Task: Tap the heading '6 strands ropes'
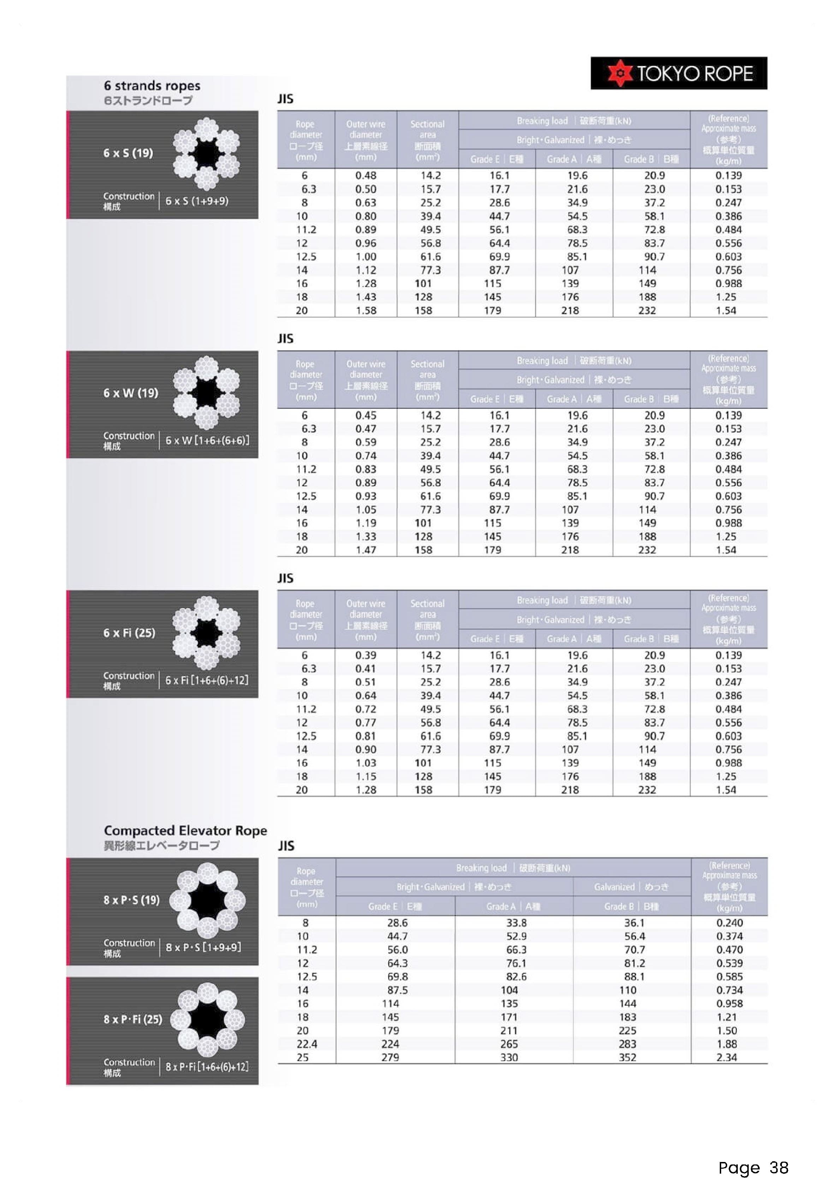[x=152, y=86]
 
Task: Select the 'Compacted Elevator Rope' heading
[x=185, y=831]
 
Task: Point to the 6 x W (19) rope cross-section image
[x=206, y=393]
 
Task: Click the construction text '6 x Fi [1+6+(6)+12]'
[x=207, y=680]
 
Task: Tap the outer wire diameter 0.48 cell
[x=366, y=176]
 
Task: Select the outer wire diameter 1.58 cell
[x=366, y=310]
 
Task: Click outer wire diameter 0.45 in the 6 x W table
[x=366, y=416]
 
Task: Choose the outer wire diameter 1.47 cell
[x=366, y=550]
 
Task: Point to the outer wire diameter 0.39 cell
[x=366, y=656]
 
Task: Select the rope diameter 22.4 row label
[x=307, y=1044]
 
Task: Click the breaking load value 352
[x=628, y=1057]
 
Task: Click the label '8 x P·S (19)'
[x=131, y=900]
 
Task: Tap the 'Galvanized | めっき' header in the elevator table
[x=631, y=887]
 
